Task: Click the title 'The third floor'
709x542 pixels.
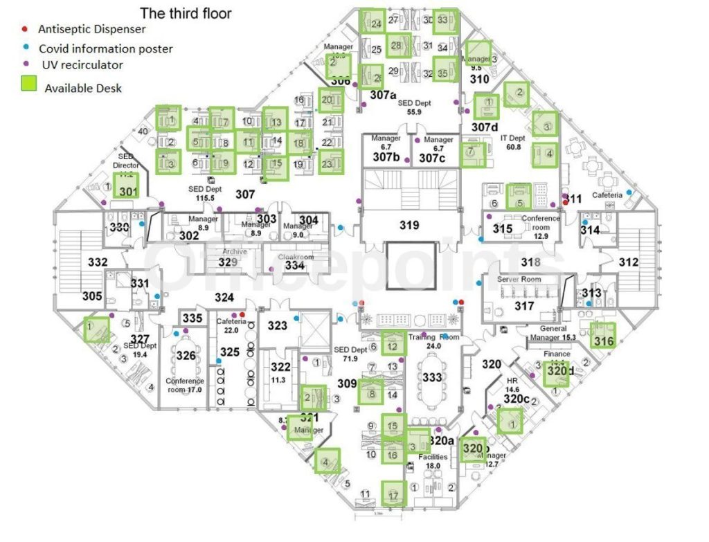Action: click(x=186, y=13)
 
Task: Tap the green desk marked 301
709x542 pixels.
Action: click(x=127, y=186)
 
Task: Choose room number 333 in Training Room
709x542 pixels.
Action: click(x=431, y=378)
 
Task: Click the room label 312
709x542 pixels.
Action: click(x=628, y=262)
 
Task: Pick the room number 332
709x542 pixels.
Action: click(x=98, y=262)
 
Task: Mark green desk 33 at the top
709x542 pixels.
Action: click(x=445, y=21)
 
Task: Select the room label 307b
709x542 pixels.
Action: click(x=386, y=158)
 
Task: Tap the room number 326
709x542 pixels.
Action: click(x=186, y=355)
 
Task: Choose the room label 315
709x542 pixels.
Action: click(x=503, y=229)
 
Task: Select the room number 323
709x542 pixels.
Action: click(x=278, y=325)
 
